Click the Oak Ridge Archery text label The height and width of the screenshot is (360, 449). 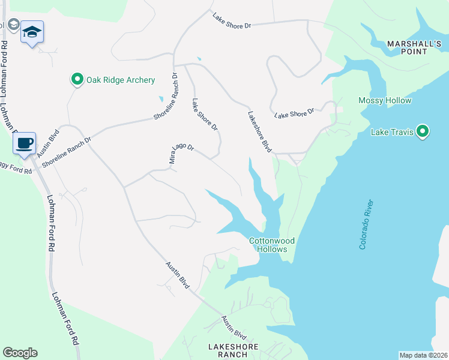[x=121, y=80]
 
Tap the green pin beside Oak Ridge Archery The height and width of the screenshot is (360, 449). [x=77, y=79]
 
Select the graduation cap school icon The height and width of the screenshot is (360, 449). [x=31, y=32]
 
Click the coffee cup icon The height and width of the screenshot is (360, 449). [x=24, y=143]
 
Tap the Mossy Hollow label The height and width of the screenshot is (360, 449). [x=385, y=100]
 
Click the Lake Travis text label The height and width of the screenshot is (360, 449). [x=393, y=132]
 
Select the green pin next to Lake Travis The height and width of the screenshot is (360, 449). [x=423, y=131]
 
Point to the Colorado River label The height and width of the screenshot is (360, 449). [x=366, y=224]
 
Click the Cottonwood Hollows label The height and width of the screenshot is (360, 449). [x=273, y=245]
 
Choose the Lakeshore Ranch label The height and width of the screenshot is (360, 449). [x=233, y=350]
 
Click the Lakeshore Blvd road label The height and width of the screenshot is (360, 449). [x=257, y=131]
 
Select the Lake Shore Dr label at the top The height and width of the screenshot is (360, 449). [x=231, y=20]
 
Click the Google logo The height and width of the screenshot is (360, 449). [x=20, y=353]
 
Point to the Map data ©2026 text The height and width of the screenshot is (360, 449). [x=424, y=355]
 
